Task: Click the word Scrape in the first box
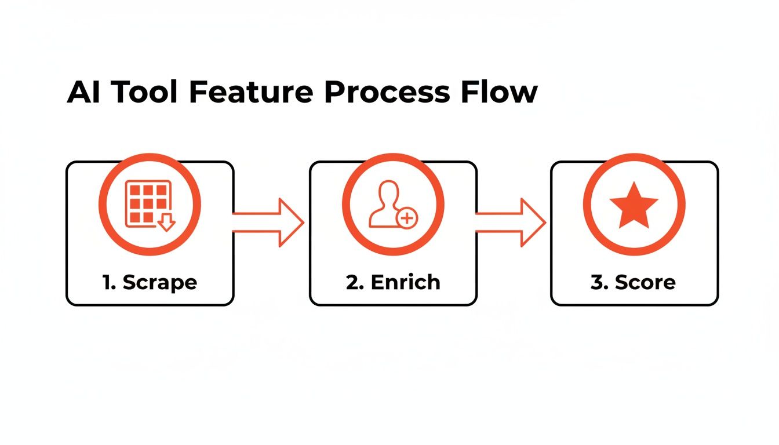pos(160,282)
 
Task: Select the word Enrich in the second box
pos(406,282)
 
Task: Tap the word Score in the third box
pos(645,282)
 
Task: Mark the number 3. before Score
pos(599,282)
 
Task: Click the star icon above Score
pos(634,205)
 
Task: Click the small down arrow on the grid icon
pos(167,222)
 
